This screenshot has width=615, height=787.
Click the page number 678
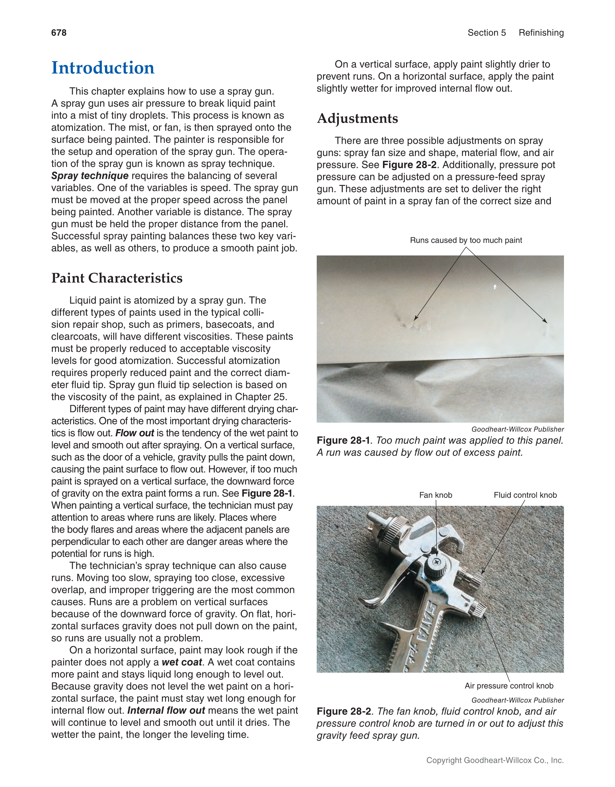point(59,33)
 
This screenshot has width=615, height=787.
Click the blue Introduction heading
point(103,68)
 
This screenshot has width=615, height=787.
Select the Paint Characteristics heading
point(117,278)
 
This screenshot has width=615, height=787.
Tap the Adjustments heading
point(357,118)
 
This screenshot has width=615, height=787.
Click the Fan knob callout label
point(435,495)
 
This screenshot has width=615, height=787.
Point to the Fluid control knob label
point(525,495)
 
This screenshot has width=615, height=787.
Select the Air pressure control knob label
point(509,686)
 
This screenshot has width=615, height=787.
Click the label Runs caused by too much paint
point(466,240)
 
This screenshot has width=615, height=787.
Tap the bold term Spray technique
point(90,176)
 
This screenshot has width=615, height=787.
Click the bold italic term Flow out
point(135,433)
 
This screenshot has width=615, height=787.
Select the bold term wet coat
point(182,662)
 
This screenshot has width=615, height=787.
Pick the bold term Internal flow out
point(166,710)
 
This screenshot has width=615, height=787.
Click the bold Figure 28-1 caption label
point(343,440)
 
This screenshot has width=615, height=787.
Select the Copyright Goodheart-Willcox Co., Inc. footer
point(495,760)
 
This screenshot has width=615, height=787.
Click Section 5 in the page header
point(486,33)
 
